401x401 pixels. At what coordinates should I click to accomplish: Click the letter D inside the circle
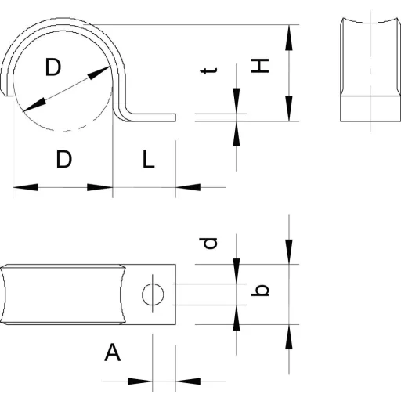[x=53, y=67]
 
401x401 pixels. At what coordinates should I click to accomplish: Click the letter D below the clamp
[x=64, y=159]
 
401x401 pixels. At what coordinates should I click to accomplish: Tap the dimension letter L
[x=149, y=159]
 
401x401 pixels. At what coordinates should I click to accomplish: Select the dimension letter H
[x=260, y=66]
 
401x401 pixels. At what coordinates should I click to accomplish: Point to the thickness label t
[x=208, y=70]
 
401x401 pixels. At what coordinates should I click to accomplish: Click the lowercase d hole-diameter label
[x=208, y=243]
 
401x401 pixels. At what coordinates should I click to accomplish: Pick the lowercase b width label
[x=260, y=291]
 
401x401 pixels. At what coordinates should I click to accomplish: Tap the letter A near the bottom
[x=113, y=352]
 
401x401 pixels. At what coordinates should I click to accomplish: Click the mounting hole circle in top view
[x=153, y=294]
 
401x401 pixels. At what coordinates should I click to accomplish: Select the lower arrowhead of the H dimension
[x=289, y=108]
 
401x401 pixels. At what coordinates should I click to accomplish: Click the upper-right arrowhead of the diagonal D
[x=99, y=73]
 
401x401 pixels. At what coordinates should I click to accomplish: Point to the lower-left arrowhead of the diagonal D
[x=34, y=106]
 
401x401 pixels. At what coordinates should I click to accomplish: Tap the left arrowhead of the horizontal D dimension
[x=25, y=187]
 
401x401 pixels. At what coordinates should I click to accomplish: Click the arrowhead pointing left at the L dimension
[x=188, y=187]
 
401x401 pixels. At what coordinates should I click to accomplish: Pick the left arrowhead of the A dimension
[x=140, y=381]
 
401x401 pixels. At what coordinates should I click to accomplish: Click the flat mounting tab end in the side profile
[x=154, y=117]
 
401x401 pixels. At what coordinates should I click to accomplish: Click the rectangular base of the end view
[x=370, y=109]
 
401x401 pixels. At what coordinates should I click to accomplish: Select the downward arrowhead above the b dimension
[x=289, y=251]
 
